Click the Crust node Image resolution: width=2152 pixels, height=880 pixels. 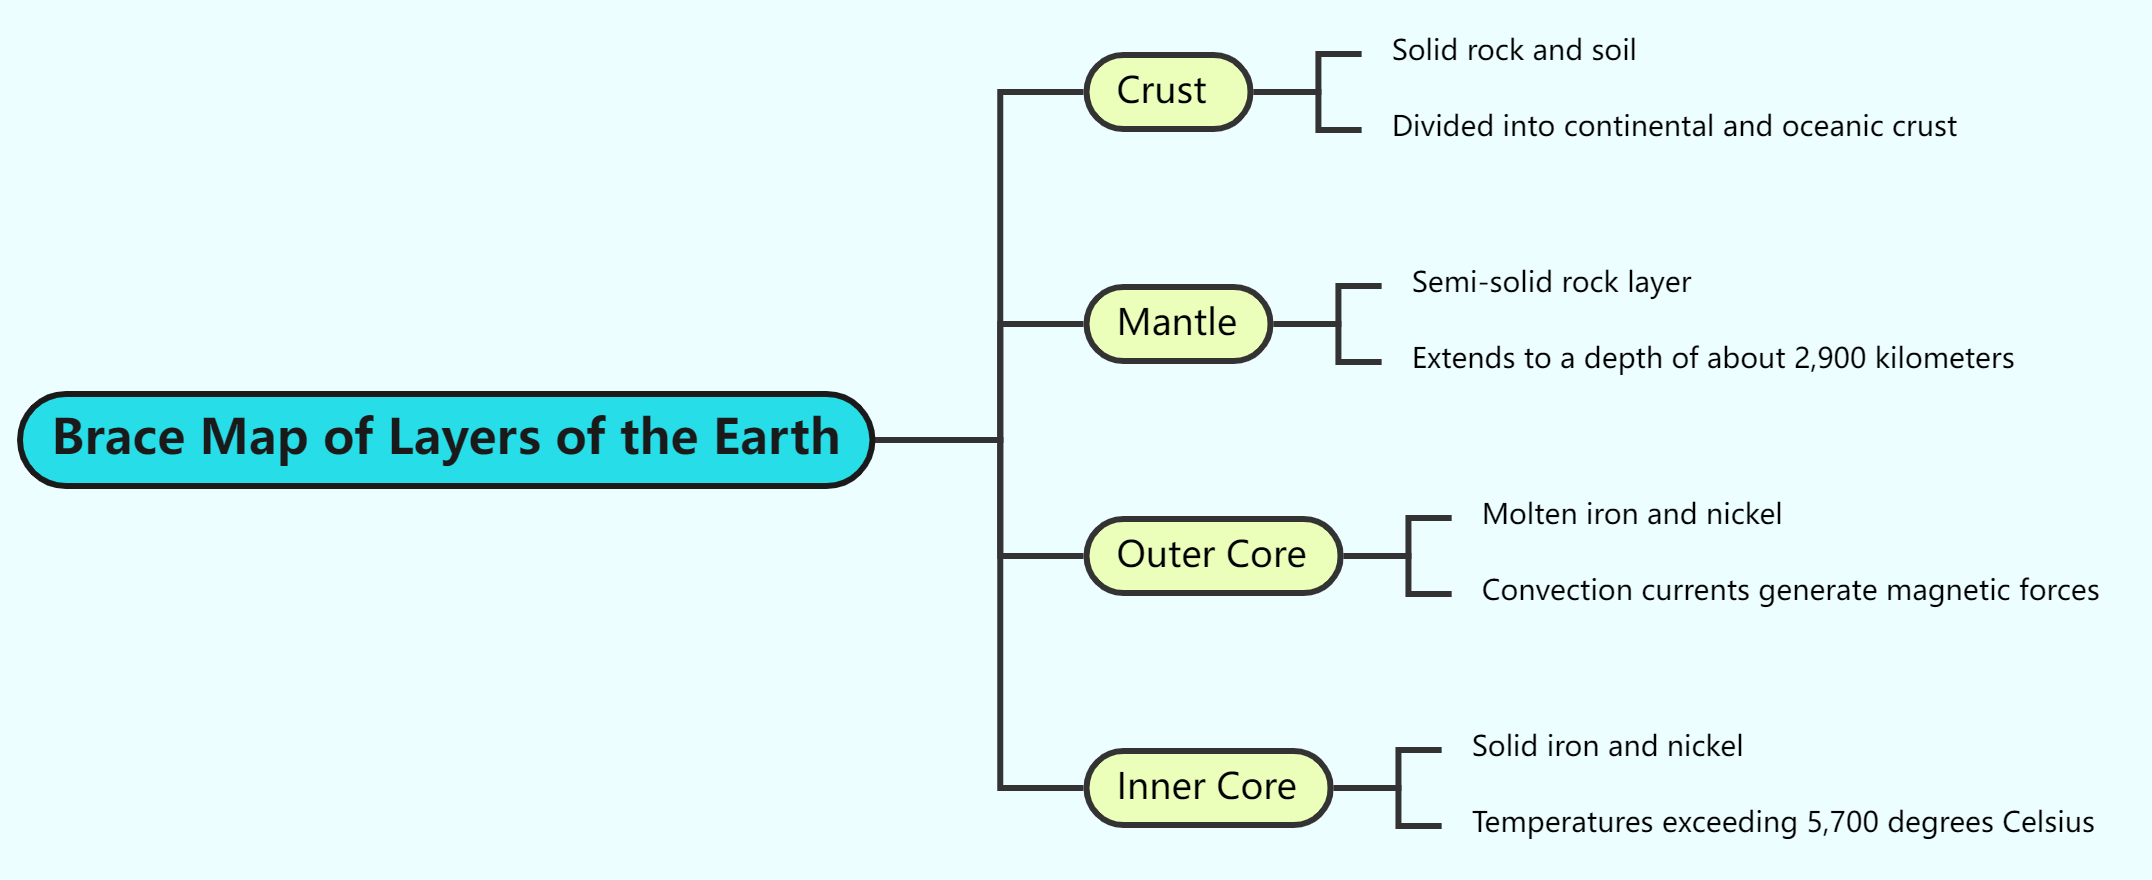click(x=1167, y=91)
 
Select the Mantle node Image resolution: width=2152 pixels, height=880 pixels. click(x=1177, y=323)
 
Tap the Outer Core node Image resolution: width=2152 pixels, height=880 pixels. click(x=1212, y=555)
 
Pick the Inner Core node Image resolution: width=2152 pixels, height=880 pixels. click(x=1207, y=787)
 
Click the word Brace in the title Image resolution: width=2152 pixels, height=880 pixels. click(x=119, y=438)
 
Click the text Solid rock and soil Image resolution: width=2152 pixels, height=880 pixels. click(x=1513, y=50)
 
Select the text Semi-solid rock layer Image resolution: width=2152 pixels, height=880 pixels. click(x=1550, y=282)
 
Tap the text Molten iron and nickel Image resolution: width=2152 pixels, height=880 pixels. click(x=1631, y=514)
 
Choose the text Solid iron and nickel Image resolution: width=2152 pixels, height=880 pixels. click(x=1606, y=746)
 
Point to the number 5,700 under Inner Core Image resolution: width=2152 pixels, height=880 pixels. click(x=1842, y=822)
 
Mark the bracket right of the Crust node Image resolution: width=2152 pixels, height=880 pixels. click(x=1320, y=91)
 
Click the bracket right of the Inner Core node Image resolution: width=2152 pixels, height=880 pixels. click(x=1400, y=787)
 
